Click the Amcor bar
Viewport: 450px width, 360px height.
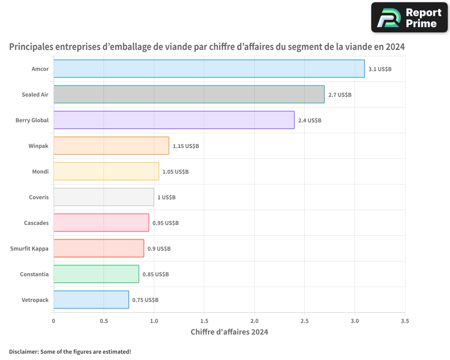pyautogui.click(x=209, y=69)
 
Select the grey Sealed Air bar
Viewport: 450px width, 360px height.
pyautogui.click(x=189, y=94)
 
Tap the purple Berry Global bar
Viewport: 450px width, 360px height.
pyautogui.click(x=174, y=120)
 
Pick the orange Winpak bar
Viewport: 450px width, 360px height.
pyautogui.click(x=111, y=146)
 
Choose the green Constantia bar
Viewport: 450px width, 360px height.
pyautogui.click(x=96, y=274)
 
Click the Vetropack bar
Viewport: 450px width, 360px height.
pyautogui.click(x=91, y=300)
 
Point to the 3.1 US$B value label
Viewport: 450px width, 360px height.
pyautogui.click(x=380, y=69)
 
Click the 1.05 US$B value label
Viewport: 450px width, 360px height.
pyautogui.click(x=175, y=172)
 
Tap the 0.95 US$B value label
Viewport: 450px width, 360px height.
pyautogui.click(x=166, y=223)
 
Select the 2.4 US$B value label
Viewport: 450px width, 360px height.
pyautogui.click(x=310, y=121)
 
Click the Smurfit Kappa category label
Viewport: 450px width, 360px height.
pyautogui.click(x=29, y=248)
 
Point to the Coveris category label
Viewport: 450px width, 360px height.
pyautogui.click(x=39, y=197)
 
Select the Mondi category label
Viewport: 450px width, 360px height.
pyautogui.click(x=40, y=171)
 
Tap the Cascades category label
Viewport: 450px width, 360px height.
pyautogui.click(x=36, y=223)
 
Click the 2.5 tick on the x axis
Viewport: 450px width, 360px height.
pyautogui.click(x=304, y=321)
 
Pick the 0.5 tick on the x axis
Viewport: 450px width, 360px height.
pyautogui.click(x=103, y=321)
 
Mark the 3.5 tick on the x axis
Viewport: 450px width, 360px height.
pyautogui.click(x=405, y=321)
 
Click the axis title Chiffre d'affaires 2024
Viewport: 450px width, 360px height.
pyautogui.click(x=229, y=332)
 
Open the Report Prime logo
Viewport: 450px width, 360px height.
pyautogui.click(x=409, y=18)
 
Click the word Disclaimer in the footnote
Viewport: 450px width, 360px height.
pyautogui.click(x=23, y=351)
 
